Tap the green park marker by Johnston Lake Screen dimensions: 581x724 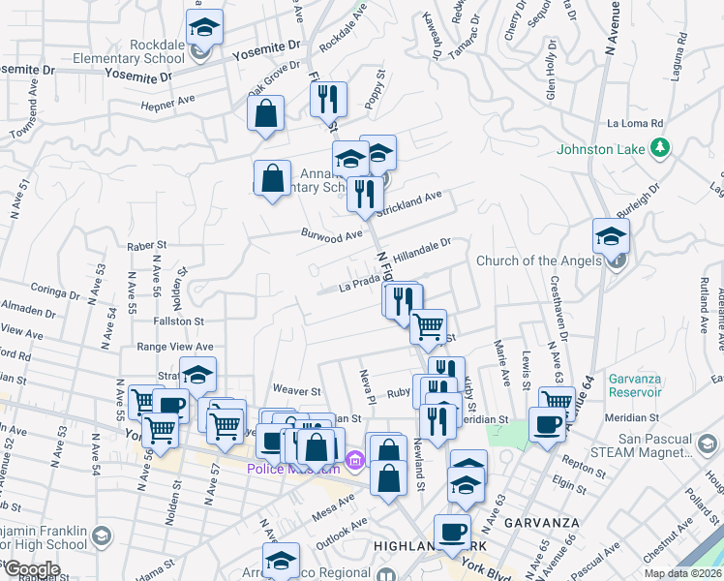[x=660, y=148]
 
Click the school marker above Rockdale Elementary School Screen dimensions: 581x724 [x=204, y=28]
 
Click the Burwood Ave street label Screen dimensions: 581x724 [x=330, y=234]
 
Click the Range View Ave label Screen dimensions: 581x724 [x=174, y=347]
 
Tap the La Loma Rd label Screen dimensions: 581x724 [x=635, y=124]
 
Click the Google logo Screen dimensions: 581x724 [x=32, y=569]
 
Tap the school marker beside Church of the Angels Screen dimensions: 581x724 [x=611, y=238]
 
